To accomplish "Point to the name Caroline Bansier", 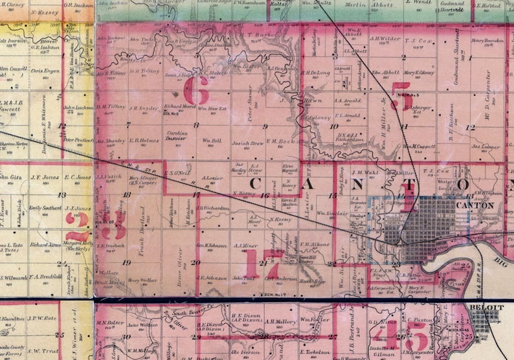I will pyautogui.click(x=176, y=135).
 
